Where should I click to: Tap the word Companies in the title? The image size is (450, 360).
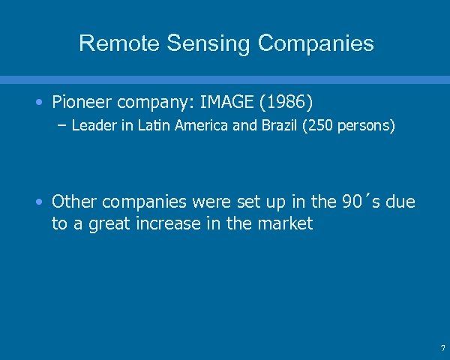tap(315, 43)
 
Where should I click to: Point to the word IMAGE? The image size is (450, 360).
tap(245, 100)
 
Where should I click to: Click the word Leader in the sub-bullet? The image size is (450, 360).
tap(93, 126)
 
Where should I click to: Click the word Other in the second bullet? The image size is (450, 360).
tap(74, 202)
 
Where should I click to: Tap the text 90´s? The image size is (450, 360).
tap(360, 202)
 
